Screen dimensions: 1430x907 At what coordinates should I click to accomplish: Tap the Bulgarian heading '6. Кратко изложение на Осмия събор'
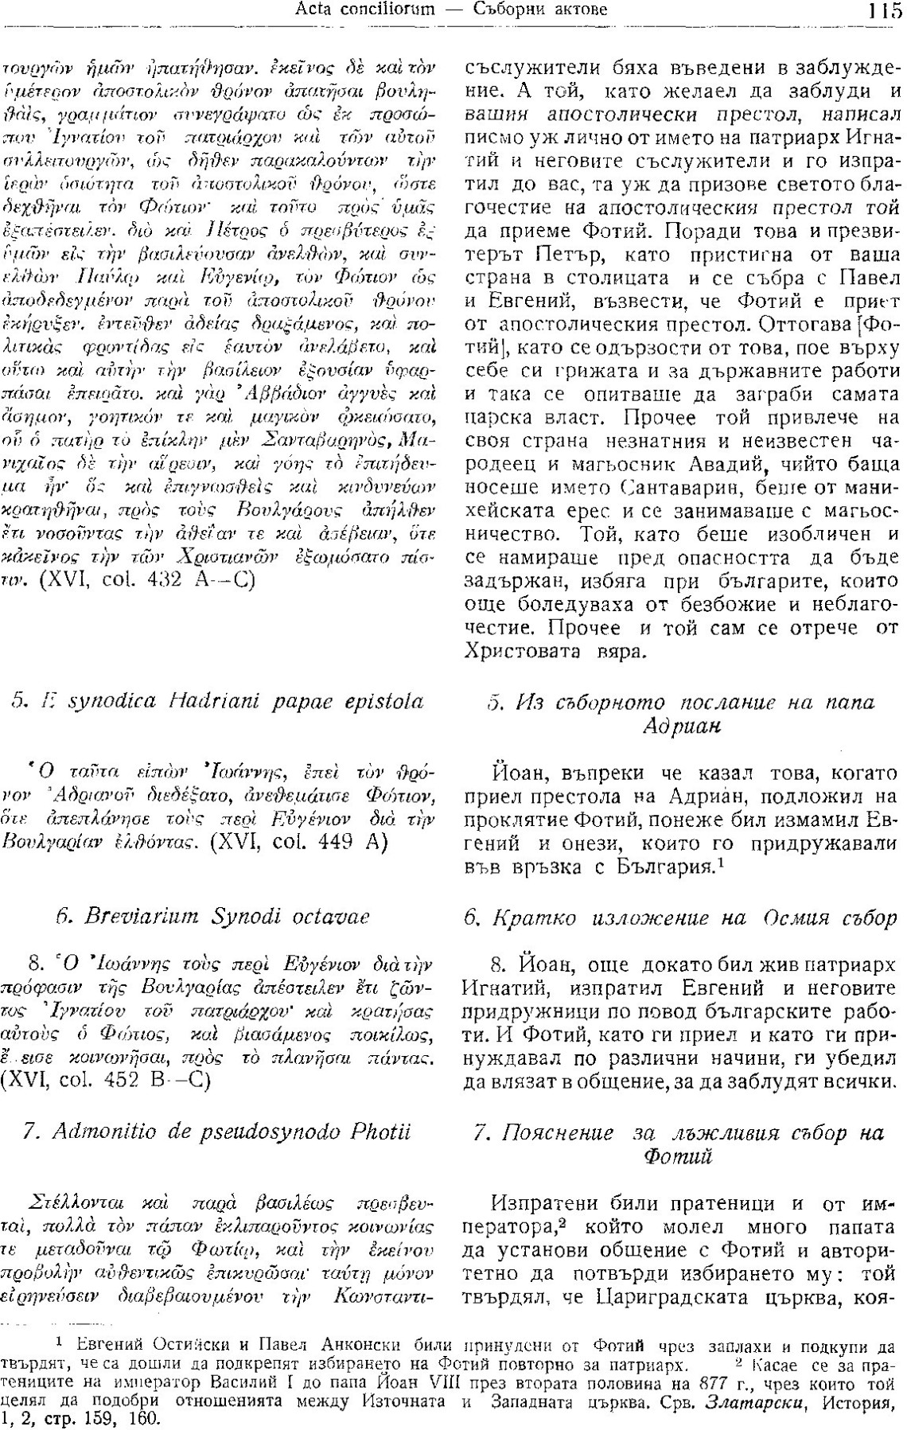pos(680,918)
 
